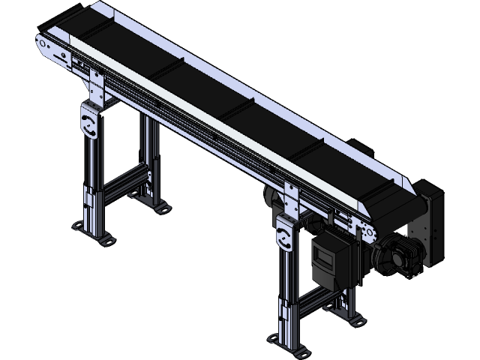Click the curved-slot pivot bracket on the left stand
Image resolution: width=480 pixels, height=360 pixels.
coord(90,123)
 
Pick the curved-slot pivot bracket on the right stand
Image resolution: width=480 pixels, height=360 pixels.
coord(285,237)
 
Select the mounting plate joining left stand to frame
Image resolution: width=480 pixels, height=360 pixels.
coord(97,86)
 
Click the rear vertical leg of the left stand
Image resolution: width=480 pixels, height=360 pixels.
coord(151,161)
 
